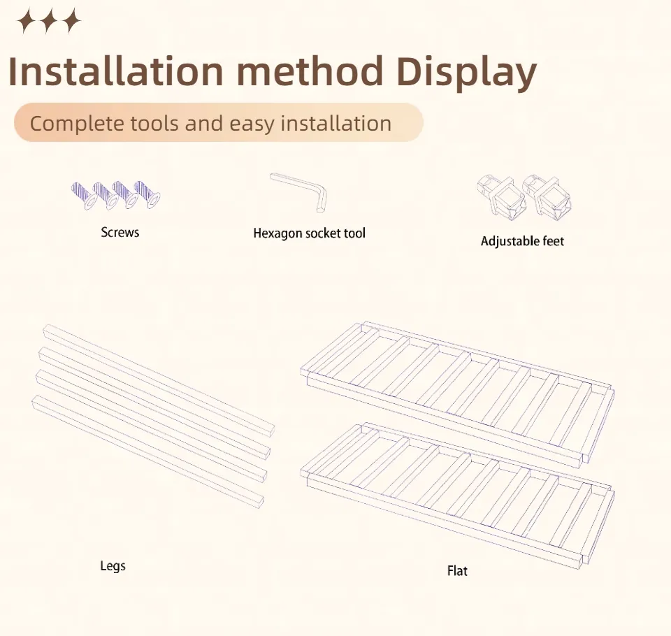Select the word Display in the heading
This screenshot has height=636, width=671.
click(x=466, y=73)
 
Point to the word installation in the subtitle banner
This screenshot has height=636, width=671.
click(x=336, y=123)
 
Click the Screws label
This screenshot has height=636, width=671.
click(x=120, y=233)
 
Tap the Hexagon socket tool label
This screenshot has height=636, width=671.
click(x=310, y=233)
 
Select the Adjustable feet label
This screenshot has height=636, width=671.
click(x=522, y=241)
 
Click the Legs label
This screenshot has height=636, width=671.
click(x=113, y=566)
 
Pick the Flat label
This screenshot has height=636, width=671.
click(x=457, y=571)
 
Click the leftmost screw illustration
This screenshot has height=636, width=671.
click(x=83, y=195)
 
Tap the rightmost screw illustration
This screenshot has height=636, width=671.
click(x=147, y=194)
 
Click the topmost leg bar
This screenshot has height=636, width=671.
click(x=159, y=380)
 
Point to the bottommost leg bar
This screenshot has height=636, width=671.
click(x=147, y=451)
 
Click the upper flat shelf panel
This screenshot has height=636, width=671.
click(x=458, y=395)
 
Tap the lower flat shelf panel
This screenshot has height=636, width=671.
click(x=458, y=496)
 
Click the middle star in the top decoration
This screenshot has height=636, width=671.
click(x=49, y=20)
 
